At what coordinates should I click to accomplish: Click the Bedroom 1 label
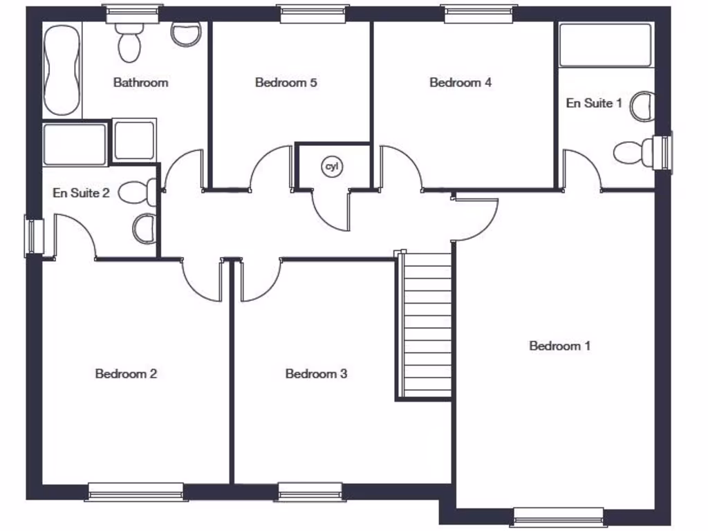point(559,346)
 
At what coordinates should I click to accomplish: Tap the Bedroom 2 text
point(126,374)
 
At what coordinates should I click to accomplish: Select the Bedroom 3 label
point(316,374)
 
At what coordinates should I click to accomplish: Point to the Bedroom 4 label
point(460,83)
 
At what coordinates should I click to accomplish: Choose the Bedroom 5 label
point(286,83)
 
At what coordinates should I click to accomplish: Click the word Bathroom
point(140,83)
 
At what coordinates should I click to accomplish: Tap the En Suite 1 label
point(594,103)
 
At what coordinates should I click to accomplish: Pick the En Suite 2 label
point(81,193)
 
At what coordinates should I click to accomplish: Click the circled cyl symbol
point(332,167)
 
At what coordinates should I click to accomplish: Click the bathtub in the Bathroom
point(62,68)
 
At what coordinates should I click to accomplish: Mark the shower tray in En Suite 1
point(605,45)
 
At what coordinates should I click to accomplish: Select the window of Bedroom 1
point(558,516)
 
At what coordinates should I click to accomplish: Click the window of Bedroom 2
point(136,491)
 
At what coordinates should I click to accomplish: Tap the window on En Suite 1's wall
point(665,151)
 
